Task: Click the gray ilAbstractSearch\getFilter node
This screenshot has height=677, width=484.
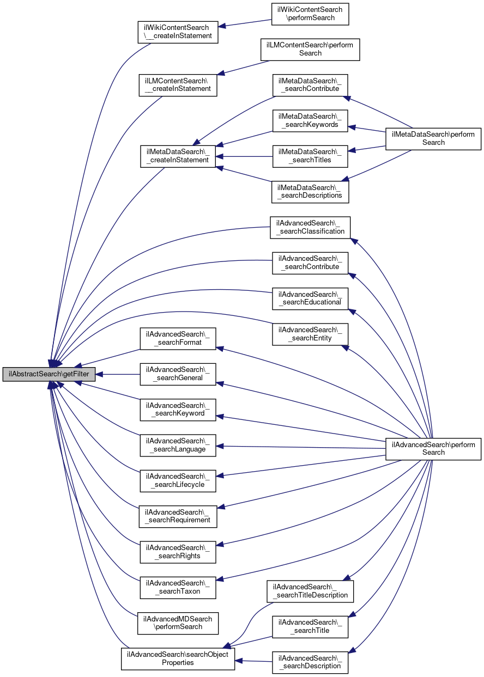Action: click(49, 374)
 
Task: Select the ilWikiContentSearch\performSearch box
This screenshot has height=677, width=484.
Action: click(310, 14)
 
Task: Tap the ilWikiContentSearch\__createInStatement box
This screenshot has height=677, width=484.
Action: click(178, 32)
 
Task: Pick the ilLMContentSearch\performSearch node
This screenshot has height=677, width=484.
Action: click(310, 49)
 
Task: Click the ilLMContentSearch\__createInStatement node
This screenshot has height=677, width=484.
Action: click(178, 84)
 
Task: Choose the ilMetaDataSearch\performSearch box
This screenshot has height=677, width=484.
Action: click(433, 138)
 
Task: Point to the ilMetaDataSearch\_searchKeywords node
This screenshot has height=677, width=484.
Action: click(310, 120)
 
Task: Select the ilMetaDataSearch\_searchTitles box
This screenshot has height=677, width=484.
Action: click(310, 156)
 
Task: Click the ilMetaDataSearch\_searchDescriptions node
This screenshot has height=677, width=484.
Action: click(310, 191)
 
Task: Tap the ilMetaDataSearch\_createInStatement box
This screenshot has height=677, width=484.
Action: click(178, 156)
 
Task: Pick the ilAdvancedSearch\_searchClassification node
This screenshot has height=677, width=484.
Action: click(310, 227)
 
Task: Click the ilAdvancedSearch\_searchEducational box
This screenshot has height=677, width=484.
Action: click(310, 298)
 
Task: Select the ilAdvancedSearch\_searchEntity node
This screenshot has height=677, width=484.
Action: click(310, 334)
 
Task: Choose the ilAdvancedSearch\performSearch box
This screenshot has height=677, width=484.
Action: click(433, 448)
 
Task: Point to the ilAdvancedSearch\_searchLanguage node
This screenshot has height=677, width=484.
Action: click(178, 445)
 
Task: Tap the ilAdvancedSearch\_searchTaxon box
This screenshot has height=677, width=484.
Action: click(178, 587)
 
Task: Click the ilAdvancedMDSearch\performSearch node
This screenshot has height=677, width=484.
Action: click(178, 623)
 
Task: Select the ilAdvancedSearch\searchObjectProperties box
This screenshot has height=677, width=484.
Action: click(178, 658)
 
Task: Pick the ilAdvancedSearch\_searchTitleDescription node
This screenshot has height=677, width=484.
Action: click(310, 591)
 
